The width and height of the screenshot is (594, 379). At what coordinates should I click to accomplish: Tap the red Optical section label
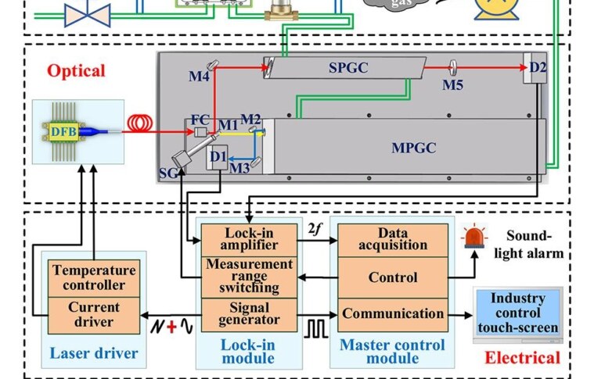pyautogui.click(x=76, y=71)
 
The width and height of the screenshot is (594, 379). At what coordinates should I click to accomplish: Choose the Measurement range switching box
pyautogui.click(x=249, y=276)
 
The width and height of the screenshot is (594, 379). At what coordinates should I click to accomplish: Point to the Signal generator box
pyautogui.click(x=249, y=313)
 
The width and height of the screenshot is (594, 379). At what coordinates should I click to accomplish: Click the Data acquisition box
pyautogui.click(x=393, y=240)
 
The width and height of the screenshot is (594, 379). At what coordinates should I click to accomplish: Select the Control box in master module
pyautogui.click(x=393, y=277)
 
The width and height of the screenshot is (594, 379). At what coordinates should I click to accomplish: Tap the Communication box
pyautogui.click(x=393, y=313)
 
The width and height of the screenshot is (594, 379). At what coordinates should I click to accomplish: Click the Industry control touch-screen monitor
pyautogui.click(x=517, y=313)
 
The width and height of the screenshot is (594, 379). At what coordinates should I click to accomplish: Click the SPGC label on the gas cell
pyautogui.click(x=346, y=69)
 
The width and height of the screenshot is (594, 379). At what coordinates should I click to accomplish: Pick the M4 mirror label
pyautogui.click(x=200, y=77)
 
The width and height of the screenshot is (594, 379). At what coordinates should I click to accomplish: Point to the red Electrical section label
pyautogui.click(x=523, y=358)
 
